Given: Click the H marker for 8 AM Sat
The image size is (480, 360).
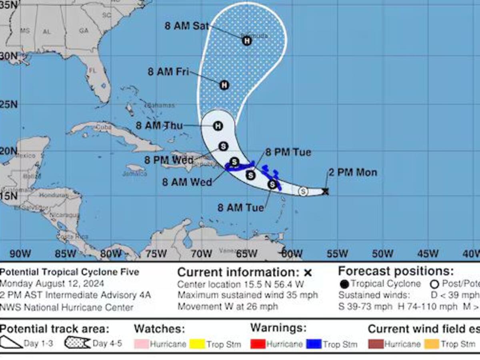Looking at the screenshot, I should tap(247, 40).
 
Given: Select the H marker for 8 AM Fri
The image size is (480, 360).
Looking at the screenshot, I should tap(224, 85).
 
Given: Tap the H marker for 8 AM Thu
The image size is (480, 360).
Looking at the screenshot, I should tap(218, 126).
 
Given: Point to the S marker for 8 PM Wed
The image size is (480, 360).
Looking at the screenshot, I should tap(224, 146).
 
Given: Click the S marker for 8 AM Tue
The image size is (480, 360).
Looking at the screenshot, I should tap(272, 184).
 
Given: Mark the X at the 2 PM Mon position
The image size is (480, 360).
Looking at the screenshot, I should tap(326, 192).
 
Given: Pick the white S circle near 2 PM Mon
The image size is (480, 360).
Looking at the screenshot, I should tap(303, 192).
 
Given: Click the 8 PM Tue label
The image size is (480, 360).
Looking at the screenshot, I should tap(288, 152).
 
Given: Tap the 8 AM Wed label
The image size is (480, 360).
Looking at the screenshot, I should tap(187, 182).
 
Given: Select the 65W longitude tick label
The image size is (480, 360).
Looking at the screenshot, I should tap(246, 254).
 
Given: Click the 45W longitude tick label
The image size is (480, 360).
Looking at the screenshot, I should tap(428, 254).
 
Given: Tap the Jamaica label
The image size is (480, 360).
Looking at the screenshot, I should tap(135, 173).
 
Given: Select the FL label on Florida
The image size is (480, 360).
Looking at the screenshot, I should tap(93, 70).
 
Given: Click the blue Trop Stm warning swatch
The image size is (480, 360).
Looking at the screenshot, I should tap(314, 344).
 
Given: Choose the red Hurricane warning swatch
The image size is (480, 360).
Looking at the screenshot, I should tap(258, 344).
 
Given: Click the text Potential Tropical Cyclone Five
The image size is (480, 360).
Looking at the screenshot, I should tap(70, 272).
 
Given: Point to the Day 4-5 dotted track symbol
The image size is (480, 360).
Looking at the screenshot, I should tap(77, 343).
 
